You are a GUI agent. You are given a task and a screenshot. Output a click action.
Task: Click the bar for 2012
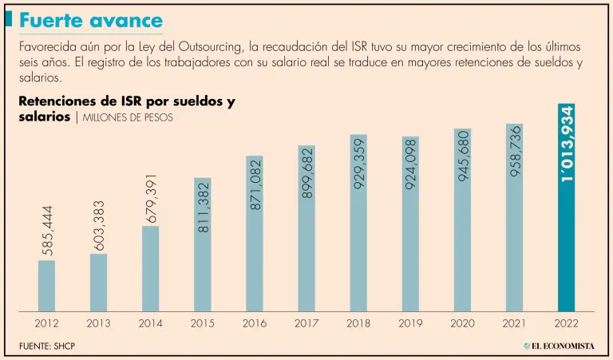point(46,285)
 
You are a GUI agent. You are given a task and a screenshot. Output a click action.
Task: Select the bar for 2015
point(203,243)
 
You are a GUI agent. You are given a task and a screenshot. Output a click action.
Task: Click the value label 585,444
point(46,231)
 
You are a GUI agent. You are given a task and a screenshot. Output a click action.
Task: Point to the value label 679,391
point(151,198)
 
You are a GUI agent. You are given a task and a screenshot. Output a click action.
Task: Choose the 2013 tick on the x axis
point(98,323)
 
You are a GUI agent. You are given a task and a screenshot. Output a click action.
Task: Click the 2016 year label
point(255,323)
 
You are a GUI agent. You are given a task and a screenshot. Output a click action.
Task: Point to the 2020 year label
point(462,323)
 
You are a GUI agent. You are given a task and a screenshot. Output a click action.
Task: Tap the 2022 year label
point(566,323)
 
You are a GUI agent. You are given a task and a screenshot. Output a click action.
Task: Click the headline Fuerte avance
point(90,21)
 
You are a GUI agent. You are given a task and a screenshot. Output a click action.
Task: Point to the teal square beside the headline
point(9,20)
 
